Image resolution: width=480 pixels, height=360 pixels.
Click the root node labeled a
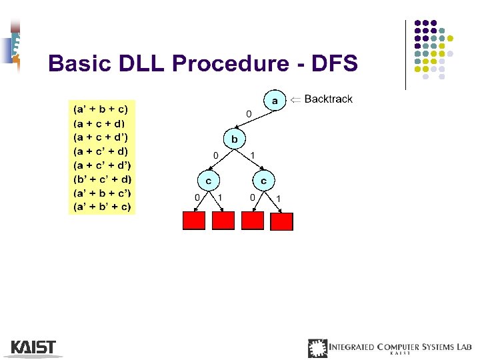point(274,101)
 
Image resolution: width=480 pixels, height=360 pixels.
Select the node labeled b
point(234,139)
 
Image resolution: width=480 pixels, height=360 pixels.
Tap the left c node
point(209,180)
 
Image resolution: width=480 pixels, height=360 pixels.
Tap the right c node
point(264,180)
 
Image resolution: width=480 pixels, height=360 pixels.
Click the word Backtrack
point(328,99)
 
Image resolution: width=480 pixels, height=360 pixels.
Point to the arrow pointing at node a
point(294,99)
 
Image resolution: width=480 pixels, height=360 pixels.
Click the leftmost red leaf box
point(194,220)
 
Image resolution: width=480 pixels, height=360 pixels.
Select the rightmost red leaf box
point(281,221)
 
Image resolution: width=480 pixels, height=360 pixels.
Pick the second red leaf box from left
point(223,220)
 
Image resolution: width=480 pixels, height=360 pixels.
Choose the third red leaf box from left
point(253,220)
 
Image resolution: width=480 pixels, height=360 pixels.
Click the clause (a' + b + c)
point(100,109)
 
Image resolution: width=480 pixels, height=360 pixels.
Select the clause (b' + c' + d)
point(102,179)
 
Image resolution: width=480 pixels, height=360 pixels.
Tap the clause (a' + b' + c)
point(102,207)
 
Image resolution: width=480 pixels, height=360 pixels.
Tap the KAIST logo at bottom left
point(33,347)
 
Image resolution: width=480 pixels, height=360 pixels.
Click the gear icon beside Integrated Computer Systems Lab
point(318,348)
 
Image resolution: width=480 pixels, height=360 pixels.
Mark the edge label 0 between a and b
point(249,115)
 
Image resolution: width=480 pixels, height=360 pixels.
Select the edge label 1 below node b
point(252,155)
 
